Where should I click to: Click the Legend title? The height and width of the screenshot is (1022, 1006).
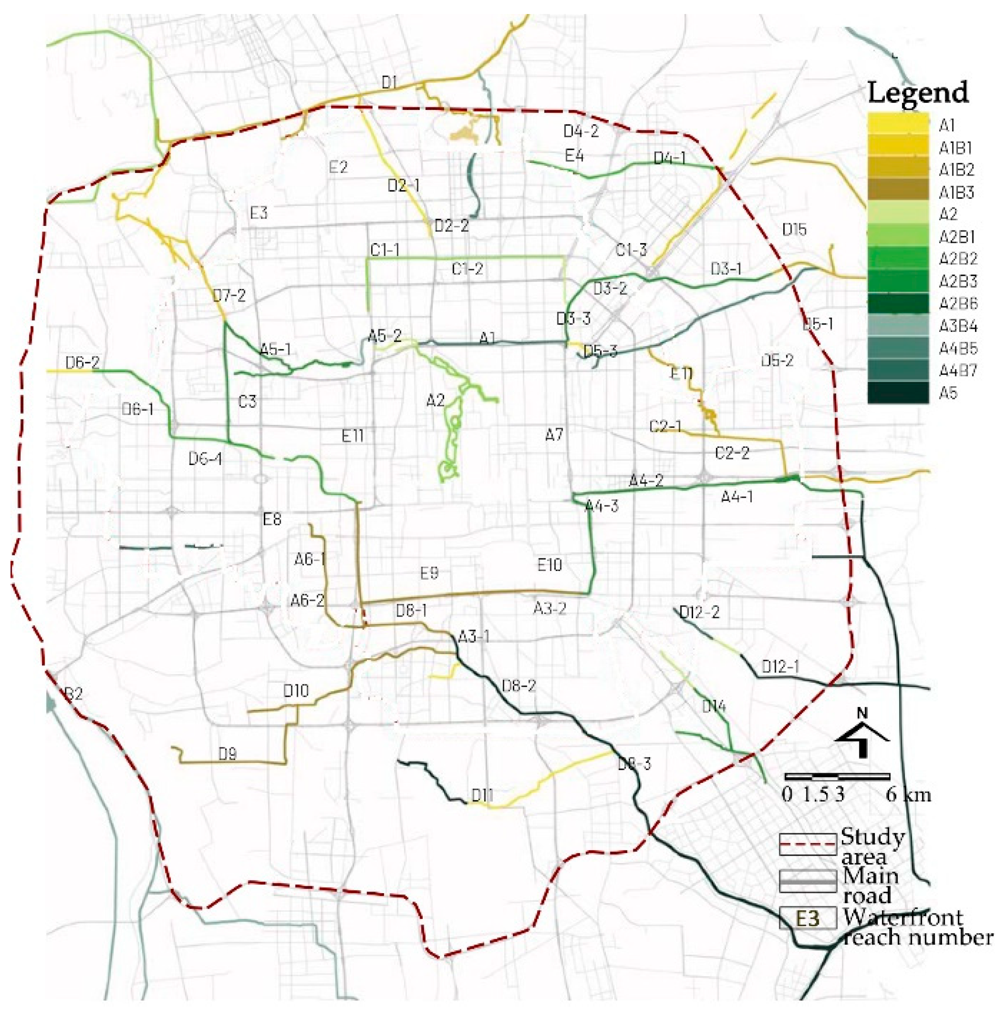click(x=918, y=93)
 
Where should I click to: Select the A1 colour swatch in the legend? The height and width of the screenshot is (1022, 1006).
click(x=897, y=125)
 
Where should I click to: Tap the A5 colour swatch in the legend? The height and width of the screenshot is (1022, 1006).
click(x=897, y=393)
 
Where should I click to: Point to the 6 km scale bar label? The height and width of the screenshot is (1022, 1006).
click(x=908, y=795)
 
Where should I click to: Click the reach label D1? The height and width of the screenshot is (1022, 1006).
click(x=389, y=82)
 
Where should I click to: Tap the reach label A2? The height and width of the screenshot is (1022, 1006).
click(x=435, y=401)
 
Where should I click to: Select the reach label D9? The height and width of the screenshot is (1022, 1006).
click(x=227, y=754)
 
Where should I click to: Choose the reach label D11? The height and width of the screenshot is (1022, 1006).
click(x=482, y=795)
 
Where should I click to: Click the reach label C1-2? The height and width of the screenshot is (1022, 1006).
click(x=467, y=269)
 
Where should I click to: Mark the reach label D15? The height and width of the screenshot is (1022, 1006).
click(x=794, y=229)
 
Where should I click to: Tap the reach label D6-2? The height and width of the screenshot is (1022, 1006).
click(x=82, y=363)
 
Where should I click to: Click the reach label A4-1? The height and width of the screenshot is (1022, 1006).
click(x=737, y=497)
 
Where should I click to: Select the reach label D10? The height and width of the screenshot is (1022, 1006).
click(x=296, y=691)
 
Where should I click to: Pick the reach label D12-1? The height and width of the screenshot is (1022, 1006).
click(x=780, y=667)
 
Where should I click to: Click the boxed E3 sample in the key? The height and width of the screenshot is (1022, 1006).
click(x=807, y=919)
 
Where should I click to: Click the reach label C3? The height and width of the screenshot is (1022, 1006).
click(x=247, y=402)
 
